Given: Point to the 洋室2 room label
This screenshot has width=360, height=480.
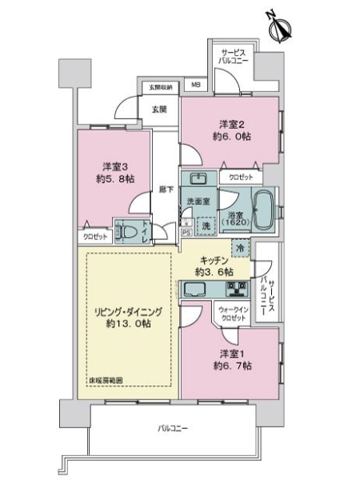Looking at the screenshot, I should [x=230, y=124].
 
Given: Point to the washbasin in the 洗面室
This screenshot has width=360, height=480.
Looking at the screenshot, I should [x=197, y=178].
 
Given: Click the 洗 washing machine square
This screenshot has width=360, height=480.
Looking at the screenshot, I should [x=206, y=225].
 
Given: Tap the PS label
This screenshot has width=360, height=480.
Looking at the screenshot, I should [x=186, y=233].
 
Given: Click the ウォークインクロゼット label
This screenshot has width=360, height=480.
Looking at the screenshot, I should [x=231, y=313].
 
